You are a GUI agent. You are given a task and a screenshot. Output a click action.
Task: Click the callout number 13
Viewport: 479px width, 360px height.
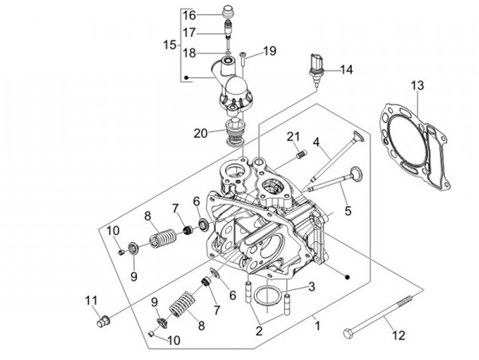[416, 85]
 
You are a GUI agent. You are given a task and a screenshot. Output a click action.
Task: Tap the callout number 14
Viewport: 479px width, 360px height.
[347, 69]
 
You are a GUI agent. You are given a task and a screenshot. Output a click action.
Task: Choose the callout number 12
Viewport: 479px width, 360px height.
[399, 335]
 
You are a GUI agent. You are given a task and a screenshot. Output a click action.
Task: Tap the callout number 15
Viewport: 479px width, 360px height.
[170, 45]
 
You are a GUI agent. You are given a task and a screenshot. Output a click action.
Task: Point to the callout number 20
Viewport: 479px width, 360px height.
[201, 133]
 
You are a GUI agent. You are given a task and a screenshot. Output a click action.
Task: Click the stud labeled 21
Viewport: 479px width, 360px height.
[300, 156]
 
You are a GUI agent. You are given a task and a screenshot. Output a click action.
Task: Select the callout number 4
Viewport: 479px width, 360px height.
[317, 141]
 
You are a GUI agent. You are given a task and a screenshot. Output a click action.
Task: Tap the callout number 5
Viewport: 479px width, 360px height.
[347, 212]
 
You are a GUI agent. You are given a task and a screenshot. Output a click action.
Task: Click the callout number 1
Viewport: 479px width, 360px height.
[317, 326]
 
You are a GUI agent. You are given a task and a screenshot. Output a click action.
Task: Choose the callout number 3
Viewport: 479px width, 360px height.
[311, 287]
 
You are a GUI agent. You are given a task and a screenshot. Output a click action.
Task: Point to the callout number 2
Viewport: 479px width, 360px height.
[259, 331]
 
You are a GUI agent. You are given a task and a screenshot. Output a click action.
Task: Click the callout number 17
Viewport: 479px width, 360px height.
[189, 32]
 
